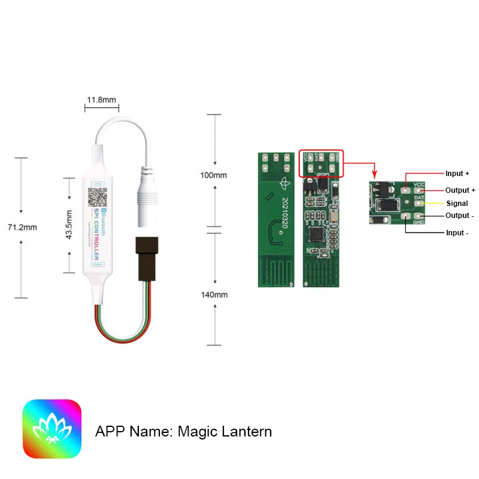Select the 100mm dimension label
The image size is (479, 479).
point(214,175)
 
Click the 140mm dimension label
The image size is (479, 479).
point(214,295)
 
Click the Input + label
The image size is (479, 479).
point(457,174)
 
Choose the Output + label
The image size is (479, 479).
point(460,190)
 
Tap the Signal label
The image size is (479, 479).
point(457,204)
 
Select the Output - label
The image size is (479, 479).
point(459,216)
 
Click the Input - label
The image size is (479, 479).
point(457,232)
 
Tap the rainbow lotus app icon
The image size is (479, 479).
point(52,429)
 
